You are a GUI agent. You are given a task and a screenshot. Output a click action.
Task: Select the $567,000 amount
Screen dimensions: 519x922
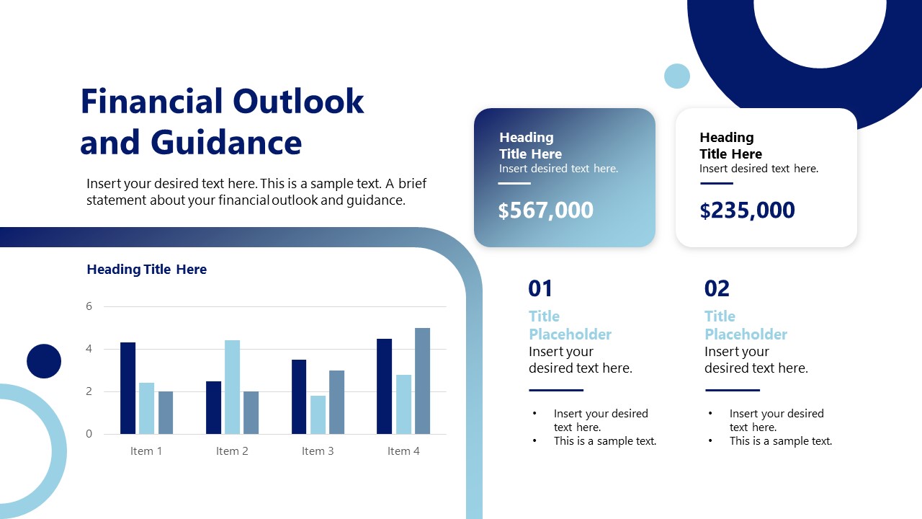545,210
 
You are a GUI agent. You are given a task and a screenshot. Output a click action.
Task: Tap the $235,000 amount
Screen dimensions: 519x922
747,210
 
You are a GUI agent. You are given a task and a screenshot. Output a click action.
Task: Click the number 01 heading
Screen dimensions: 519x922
540,288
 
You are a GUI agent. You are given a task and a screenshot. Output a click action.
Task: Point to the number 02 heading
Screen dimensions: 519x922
717,288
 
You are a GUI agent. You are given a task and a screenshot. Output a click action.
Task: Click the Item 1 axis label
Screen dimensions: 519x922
146,451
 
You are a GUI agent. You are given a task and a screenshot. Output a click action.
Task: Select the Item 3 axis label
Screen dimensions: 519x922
318,451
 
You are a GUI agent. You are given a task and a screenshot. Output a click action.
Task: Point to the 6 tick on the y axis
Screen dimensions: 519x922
89,306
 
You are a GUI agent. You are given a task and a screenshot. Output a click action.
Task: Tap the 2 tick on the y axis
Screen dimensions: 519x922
89,391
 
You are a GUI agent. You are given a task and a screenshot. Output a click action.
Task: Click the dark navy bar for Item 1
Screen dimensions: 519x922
127,388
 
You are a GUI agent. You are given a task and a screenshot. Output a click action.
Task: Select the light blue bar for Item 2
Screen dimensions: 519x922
232,387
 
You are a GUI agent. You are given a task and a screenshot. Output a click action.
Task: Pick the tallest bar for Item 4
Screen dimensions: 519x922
422,381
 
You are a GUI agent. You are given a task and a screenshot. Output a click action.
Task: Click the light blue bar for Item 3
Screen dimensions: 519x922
318,414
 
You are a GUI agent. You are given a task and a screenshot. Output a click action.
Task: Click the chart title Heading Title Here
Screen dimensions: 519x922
146,270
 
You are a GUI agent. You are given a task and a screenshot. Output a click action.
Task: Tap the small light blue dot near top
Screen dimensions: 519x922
676,76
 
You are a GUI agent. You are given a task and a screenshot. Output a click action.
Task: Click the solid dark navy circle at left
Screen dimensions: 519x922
44,361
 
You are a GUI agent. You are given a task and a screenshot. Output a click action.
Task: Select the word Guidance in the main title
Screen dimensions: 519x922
226,142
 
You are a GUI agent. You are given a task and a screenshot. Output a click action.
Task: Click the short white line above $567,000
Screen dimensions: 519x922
514,183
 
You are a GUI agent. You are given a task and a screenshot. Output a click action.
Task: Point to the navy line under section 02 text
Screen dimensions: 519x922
732,390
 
